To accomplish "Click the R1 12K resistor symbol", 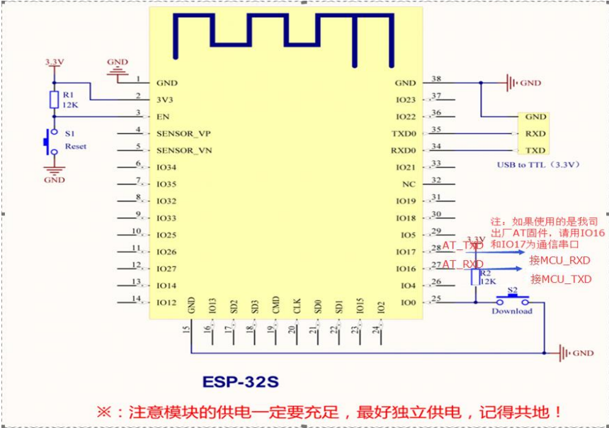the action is (53, 99).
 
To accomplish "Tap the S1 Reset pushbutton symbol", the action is (50, 140).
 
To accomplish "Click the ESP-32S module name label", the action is (241, 382).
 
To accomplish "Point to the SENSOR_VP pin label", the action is (183, 133).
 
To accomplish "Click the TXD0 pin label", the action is (404, 133).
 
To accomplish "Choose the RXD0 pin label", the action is (404, 150).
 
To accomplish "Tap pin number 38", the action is (436, 79).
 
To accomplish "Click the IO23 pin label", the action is (406, 100).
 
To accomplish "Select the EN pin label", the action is (162, 116).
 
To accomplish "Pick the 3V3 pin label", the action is (164, 100).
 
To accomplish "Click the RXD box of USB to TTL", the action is (535, 133).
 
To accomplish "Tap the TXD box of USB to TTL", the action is (535, 150).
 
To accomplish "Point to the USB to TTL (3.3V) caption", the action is (539, 164).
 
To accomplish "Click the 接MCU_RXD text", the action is (559, 261).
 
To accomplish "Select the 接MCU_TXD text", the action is (561, 279).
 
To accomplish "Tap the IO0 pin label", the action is (409, 303).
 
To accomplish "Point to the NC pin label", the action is (409, 184).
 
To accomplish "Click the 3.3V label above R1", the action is (54, 62).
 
